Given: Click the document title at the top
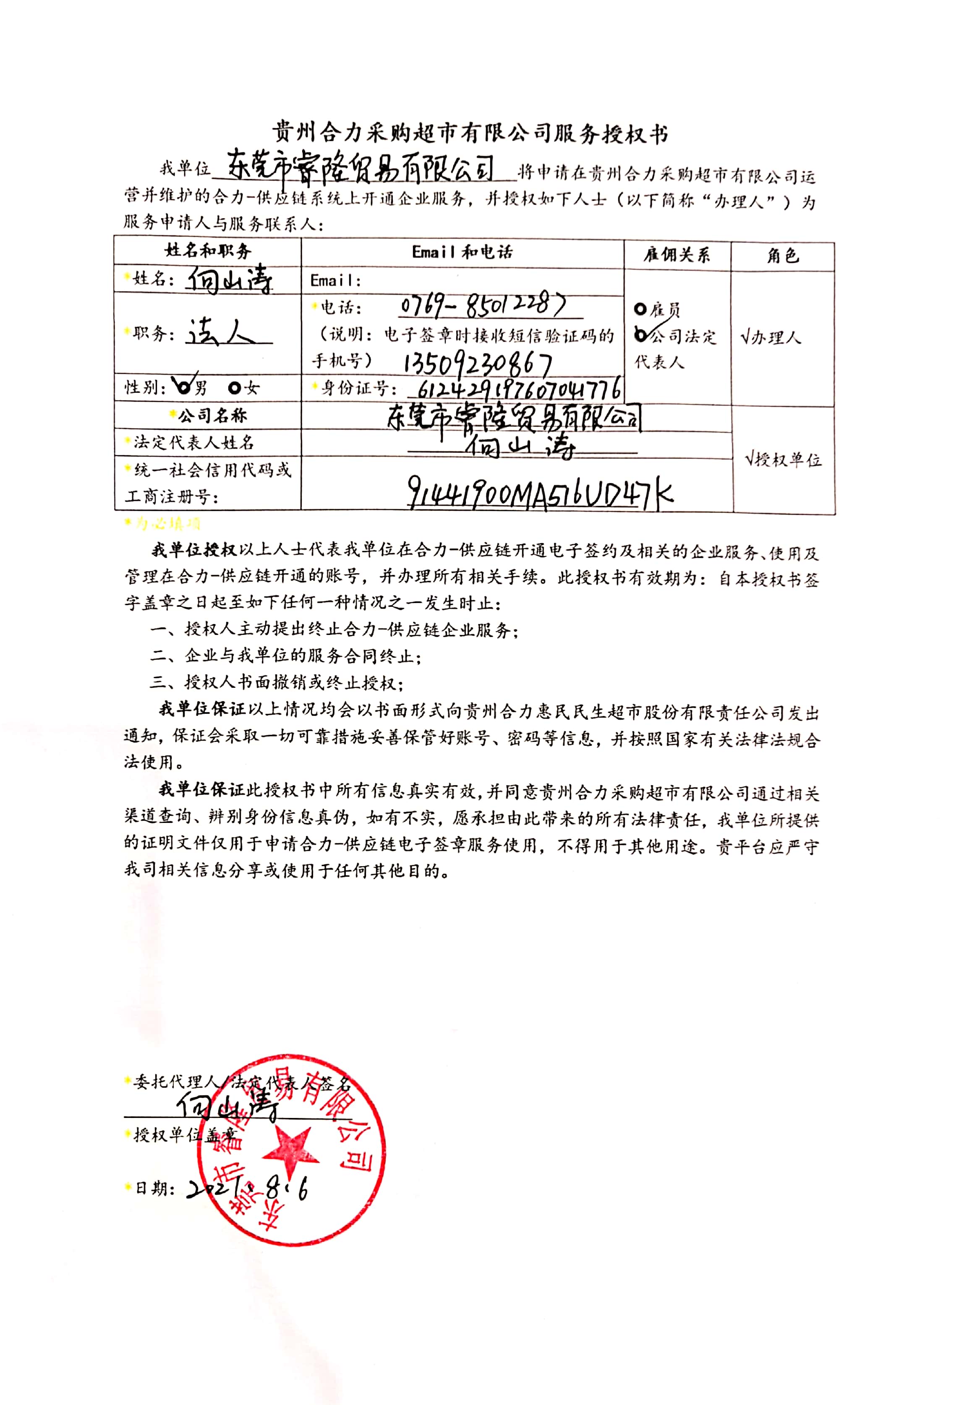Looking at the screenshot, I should (x=470, y=133).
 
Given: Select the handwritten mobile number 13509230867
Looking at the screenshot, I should (x=478, y=363).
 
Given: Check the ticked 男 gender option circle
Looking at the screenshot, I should (x=183, y=386).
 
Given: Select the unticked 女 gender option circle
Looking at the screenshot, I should (x=235, y=387).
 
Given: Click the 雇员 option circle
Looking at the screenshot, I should (x=640, y=309).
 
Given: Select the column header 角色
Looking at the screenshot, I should (x=783, y=256).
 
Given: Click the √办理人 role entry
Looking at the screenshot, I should (x=771, y=337).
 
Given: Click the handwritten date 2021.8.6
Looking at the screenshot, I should (x=247, y=1188).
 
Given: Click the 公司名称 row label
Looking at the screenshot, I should (x=208, y=416).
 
